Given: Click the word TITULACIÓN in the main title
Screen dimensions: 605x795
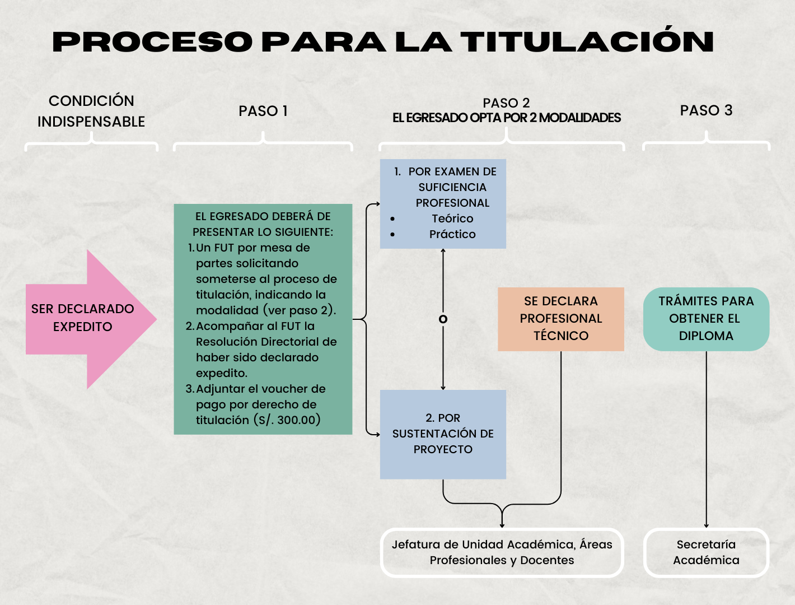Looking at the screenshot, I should pos(587,42).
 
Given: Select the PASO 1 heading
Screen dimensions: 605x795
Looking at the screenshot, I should pos(263,111).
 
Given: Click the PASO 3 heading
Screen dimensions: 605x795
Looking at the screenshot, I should pos(706,110).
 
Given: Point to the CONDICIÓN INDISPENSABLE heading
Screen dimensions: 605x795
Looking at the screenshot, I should pos(91,111).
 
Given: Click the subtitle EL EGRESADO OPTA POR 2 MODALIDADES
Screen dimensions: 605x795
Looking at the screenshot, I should pos(507,118).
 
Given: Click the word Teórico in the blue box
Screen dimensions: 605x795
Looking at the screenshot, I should pos(452,218).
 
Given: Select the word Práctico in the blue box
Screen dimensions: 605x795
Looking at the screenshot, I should pos(452,234).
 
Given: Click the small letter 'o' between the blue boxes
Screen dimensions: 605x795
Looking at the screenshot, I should pos(443,319).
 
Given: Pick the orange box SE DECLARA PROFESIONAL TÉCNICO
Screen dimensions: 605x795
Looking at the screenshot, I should pos(560,319).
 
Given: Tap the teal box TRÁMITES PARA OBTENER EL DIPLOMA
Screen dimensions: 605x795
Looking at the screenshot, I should pos(706,319).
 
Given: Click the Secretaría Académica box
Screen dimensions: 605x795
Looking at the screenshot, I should pos(706,552).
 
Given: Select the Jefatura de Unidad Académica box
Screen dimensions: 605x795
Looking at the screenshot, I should pos(502,552).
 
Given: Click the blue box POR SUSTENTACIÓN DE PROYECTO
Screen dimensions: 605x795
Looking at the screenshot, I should pos(443,434).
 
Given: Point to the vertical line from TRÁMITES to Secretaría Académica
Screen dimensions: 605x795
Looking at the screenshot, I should pos(707,437).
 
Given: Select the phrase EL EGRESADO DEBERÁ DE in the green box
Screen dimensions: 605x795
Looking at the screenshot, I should pos(263,216).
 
